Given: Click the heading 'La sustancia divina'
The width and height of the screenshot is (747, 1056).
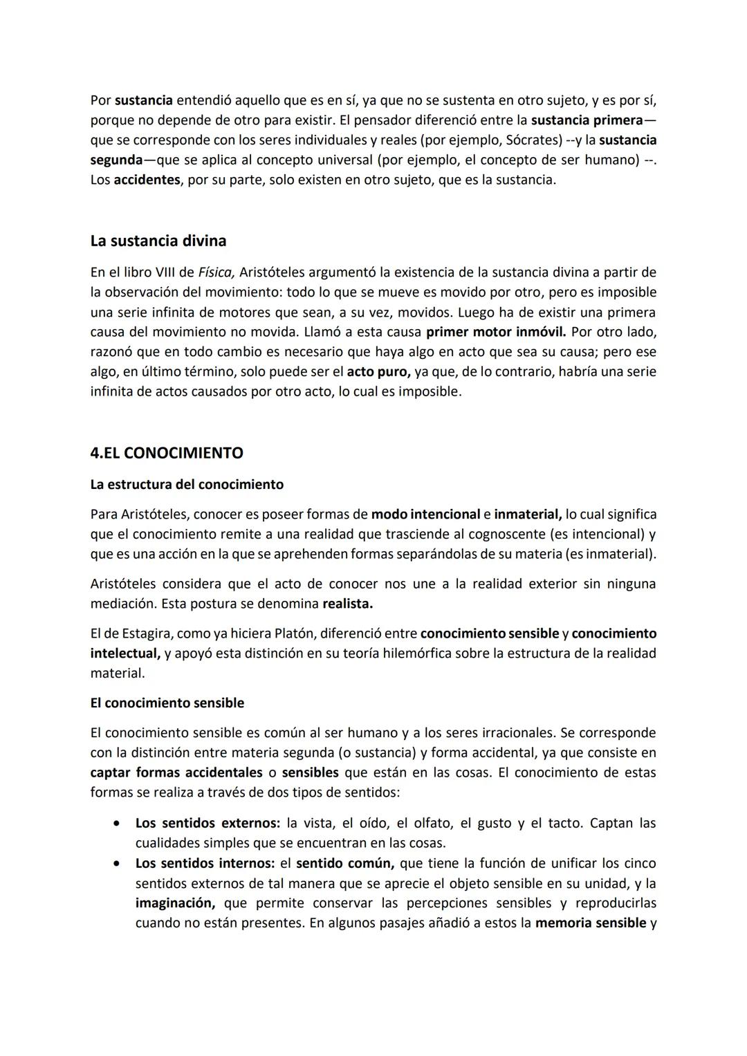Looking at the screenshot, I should click(x=158, y=241).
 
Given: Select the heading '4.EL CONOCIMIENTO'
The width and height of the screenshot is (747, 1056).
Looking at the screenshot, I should click(x=166, y=453).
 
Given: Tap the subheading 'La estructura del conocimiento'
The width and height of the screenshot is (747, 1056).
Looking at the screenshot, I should click(x=187, y=484).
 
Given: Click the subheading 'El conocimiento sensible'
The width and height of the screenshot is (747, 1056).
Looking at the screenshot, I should click(x=167, y=703).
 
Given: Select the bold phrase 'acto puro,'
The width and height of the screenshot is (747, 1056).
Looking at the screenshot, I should click(x=378, y=371).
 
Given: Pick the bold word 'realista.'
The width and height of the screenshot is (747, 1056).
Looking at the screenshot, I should click(x=347, y=603).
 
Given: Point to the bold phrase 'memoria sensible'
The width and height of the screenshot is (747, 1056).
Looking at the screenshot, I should click(x=590, y=923).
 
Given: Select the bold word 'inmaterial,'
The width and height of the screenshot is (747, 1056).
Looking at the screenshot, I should click(x=527, y=514).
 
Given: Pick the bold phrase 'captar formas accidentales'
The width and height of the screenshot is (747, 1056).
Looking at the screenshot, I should click(x=176, y=772).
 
